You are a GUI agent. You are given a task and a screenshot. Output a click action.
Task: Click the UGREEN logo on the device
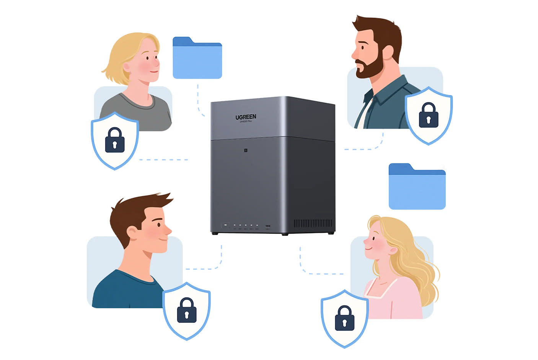pyautogui.click(x=246, y=117)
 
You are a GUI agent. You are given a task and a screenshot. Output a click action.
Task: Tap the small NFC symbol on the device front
pyautogui.click(x=246, y=151)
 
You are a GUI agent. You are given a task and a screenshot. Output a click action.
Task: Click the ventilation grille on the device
pyautogui.click(x=313, y=223)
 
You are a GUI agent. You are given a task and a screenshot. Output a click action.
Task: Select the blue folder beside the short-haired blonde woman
pyautogui.click(x=197, y=59)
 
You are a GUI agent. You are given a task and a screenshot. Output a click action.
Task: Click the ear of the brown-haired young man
pyautogui.click(x=132, y=232)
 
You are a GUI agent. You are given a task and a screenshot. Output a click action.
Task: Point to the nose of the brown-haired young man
pyautogui.click(x=168, y=230)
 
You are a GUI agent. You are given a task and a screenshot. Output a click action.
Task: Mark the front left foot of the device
pyautogui.click(x=215, y=233)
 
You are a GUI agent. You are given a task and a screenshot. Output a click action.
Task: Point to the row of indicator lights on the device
pyautogui.click(x=241, y=226)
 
